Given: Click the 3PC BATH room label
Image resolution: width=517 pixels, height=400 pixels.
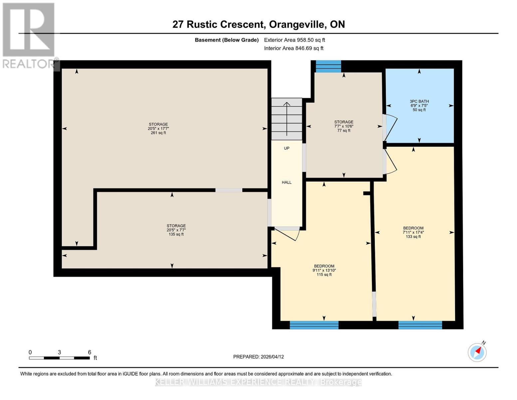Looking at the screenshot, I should tap(419, 105).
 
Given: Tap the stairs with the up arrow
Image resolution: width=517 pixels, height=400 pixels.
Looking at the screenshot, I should tap(287, 119).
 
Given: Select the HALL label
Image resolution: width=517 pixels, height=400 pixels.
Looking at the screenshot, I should tap(287, 182).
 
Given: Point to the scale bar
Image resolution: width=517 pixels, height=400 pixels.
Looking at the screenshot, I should tap(59, 358).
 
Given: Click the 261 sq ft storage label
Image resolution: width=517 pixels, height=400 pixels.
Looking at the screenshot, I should tap(158, 128).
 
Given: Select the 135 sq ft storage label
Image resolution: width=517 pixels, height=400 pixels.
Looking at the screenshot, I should tap(176, 230).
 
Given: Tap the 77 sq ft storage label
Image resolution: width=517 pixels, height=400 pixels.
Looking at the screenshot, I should tap(344, 126).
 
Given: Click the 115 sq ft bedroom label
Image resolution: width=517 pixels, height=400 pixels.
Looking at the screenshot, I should tap(324, 270).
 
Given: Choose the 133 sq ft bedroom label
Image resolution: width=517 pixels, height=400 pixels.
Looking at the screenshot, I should tap(413, 232).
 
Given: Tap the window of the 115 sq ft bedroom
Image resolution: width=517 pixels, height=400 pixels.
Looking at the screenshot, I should tap(314, 325).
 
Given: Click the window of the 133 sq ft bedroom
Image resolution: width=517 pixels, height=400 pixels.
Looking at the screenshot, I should tap(420, 325).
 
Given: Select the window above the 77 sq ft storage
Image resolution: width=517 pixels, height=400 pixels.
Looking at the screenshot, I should tap(328, 66).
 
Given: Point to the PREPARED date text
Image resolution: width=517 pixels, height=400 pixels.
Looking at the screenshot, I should tap(258, 357).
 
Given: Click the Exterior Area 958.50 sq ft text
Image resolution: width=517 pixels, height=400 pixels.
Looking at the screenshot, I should tap(294, 40).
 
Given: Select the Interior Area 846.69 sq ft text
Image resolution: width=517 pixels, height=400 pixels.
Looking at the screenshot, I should tap(294, 48).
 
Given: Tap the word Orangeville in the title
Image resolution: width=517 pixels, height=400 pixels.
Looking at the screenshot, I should tap(297, 24).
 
